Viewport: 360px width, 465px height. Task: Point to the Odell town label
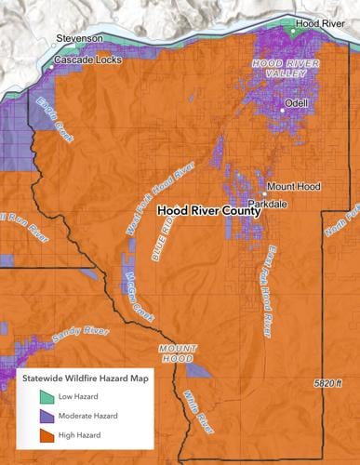pos(298,102)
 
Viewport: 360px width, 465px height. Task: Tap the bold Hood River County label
pos(208,211)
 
